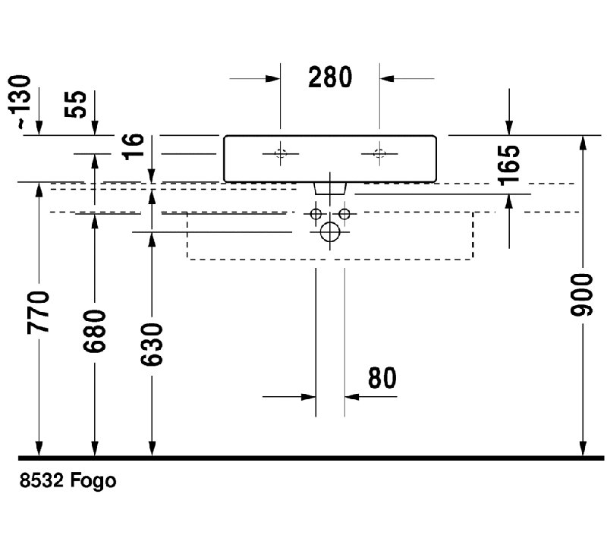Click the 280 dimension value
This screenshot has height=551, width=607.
[x=330, y=77]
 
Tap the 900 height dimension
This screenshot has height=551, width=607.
[x=582, y=294]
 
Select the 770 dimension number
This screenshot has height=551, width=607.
[x=39, y=312]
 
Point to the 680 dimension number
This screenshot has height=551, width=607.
[x=94, y=331]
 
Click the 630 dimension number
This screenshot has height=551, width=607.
[x=152, y=345]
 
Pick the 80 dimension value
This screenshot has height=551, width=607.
[x=382, y=378]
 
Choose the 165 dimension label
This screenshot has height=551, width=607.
[x=508, y=165]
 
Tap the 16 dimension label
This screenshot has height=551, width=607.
[x=133, y=146]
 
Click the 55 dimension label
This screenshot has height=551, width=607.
[x=75, y=104]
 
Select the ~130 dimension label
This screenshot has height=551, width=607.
[x=20, y=102]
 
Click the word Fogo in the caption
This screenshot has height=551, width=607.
[x=93, y=481]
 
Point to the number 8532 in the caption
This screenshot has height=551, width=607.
[x=42, y=480]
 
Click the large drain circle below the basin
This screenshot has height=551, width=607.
[x=330, y=232]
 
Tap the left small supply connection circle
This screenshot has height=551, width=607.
[x=316, y=213]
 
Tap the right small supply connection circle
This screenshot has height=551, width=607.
[x=344, y=213]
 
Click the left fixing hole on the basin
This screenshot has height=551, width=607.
[x=280, y=154]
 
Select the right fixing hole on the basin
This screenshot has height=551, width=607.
[x=379, y=154]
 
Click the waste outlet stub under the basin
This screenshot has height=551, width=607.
[x=330, y=188]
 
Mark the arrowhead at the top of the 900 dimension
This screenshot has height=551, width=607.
[x=582, y=142]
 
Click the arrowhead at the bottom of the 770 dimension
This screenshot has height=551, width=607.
[x=39, y=449]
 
